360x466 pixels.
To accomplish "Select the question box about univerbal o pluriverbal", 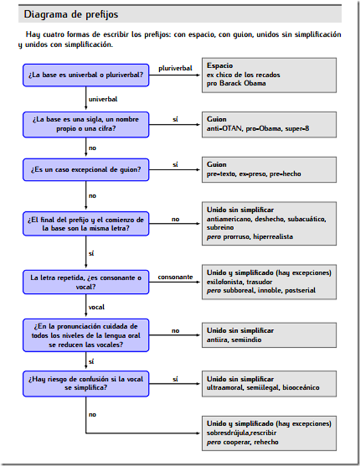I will pos(86,75).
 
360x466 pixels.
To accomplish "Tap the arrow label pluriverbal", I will pos(175,68).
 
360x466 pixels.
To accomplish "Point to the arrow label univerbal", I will pos(103,98).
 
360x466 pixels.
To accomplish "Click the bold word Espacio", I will pos(220,65).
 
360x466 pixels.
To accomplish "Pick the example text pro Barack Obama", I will pos(236,83).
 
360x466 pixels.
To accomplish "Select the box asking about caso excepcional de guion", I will pos(86,170).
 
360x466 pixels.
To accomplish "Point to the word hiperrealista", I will pos(272,237).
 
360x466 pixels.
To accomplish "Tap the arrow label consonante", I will pos(175,277).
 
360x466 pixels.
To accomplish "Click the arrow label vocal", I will pos(96,307).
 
